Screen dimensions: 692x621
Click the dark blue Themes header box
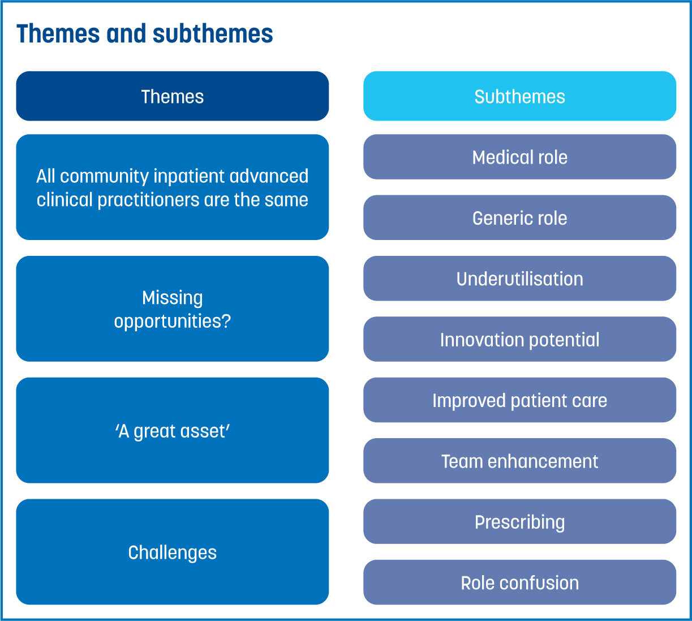173,96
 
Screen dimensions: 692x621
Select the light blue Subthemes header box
519,96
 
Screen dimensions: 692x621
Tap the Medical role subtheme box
519,157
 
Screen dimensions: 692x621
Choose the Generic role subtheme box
519,218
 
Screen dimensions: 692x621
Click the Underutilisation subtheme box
519,279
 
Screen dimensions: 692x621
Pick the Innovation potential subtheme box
519,340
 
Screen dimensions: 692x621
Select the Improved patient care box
519,400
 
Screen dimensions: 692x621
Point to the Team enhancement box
519,461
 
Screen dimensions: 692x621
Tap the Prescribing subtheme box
519,522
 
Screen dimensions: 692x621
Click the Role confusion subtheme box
519,583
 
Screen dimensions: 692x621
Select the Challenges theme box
173,552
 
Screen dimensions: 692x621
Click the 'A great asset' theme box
173,430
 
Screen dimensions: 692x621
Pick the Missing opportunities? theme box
173,309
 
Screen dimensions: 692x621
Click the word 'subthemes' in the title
213,34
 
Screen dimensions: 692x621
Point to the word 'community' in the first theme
104,177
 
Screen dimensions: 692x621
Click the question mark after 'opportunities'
226,321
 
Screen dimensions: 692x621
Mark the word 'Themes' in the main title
58,34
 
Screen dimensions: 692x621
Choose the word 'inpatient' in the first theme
189,177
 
